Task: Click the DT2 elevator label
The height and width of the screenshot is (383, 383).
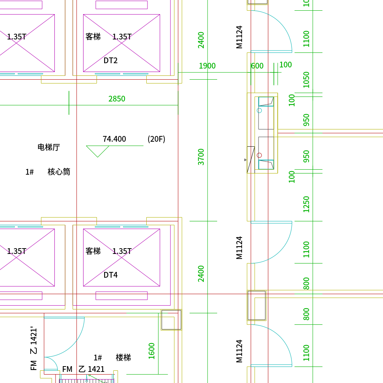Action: tap(110, 61)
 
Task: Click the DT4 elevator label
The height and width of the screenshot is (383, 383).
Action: tap(110, 275)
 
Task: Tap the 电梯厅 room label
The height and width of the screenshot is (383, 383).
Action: tap(49, 147)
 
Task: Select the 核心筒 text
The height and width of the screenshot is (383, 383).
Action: tap(59, 172)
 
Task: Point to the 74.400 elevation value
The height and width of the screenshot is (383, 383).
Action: tap(114, 139)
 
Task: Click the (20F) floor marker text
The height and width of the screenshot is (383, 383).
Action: tap(156, 139)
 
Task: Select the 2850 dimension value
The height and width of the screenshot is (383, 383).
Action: tap(117, 99)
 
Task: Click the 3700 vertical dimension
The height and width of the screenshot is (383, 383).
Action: tap(201, 157)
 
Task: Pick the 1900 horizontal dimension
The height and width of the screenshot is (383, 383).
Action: tap(207, 66)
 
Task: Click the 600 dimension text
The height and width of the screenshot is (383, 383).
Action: tap(257, 66)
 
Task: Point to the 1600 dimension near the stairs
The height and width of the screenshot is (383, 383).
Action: tap(151, 351)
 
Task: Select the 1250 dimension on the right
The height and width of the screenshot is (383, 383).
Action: tap(306, 204)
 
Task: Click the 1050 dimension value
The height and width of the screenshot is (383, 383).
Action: tap(306, 80)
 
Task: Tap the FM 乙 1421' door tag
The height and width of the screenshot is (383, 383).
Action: tap(33, 348)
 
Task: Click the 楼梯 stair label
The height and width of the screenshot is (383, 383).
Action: tap(123, 358)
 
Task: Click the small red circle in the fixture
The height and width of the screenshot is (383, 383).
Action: tap(259, 155)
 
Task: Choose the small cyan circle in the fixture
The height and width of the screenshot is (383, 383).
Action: tap(259, 110)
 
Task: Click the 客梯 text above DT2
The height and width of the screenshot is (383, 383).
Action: tap(93, 37)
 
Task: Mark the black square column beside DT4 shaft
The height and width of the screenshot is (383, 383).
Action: tap(172, 320)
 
